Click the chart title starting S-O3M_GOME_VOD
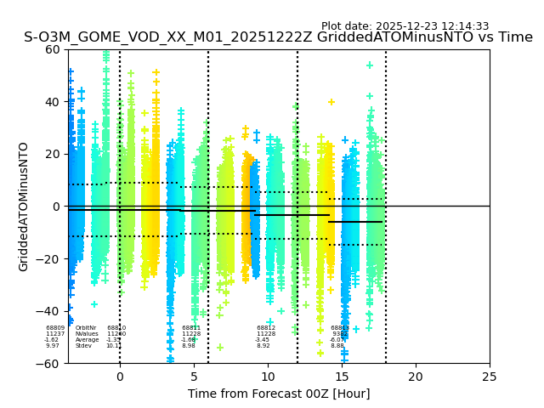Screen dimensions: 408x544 (x=278, y=37)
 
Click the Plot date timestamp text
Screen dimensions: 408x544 (x=405, y=26)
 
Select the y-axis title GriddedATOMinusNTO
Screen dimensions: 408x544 (x=24, y=207)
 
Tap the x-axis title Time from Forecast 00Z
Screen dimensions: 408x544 (x=279, y=394)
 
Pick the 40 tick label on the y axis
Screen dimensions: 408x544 (x=53, y=102)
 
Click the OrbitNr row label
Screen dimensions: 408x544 (x=86, y=328)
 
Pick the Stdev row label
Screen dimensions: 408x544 (x=83, y=346)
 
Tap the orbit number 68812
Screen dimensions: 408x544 (x=266, y=328)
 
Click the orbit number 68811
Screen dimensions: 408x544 (x=191, y=328)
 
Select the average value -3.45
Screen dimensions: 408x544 (x=263, y=340)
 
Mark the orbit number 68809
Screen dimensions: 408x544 (x=55, y=328)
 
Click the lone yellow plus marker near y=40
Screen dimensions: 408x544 (x=331, y=102)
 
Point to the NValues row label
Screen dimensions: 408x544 (x=87, y=334)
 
